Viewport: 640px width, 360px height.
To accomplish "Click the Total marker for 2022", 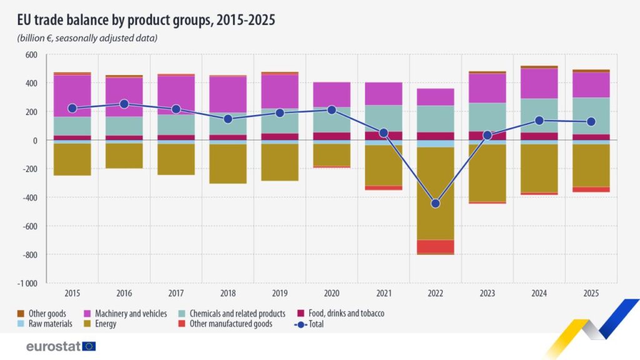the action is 435,204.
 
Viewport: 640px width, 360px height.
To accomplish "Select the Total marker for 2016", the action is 124,104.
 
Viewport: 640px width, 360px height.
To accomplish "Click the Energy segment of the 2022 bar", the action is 435,193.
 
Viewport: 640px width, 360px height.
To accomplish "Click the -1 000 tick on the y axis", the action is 28,283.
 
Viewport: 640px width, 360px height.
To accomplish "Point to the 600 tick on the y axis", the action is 31,55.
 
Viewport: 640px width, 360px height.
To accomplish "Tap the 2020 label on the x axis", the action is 331,292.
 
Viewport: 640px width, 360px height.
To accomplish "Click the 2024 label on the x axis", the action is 539,292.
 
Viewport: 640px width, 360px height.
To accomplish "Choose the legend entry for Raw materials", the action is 50,324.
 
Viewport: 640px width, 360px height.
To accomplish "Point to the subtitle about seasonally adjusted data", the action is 87,38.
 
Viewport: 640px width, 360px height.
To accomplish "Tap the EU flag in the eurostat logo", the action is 89,346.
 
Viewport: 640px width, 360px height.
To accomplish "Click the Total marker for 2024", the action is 539,121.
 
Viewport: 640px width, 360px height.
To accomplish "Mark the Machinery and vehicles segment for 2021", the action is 383,94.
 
